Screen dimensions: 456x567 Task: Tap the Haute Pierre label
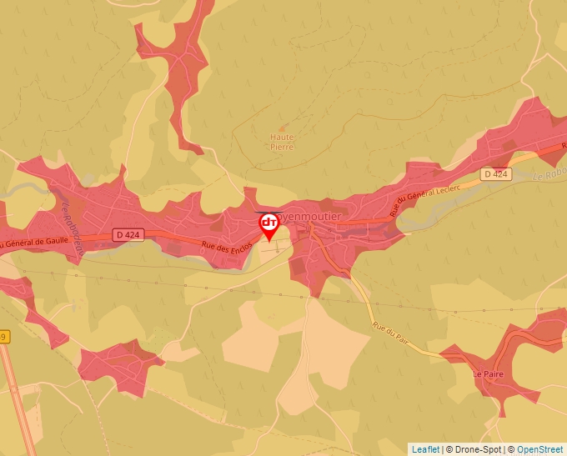pos(282,142)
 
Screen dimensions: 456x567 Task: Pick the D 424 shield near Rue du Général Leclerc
pos(495,174)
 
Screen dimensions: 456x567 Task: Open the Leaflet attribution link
pos(424,449)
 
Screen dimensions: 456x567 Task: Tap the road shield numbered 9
pos(3,337)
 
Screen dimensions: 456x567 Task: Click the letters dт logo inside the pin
pos(269,223)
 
